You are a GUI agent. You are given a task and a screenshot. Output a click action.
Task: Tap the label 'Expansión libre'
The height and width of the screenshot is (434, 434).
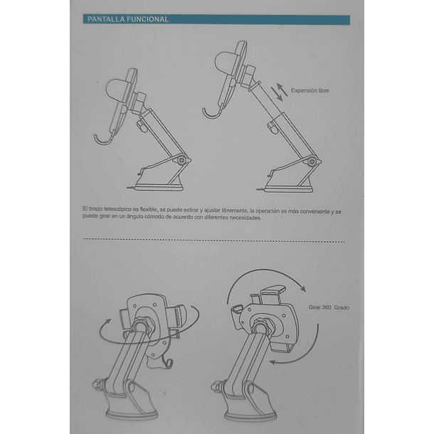[x=309, y=91]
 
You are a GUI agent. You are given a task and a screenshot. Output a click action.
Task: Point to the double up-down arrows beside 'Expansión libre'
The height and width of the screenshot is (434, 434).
[x=280, y=90]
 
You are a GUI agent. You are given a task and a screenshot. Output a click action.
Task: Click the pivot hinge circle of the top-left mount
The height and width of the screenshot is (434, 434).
[x=183, y=162]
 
